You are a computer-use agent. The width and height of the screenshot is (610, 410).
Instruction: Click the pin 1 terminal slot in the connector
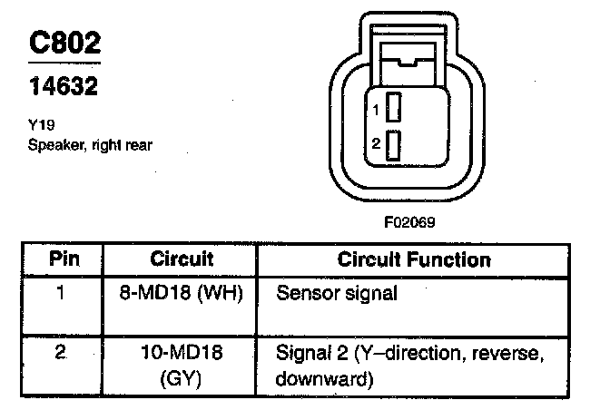point(394,109)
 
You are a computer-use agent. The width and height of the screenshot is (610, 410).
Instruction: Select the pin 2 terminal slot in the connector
point(394,145)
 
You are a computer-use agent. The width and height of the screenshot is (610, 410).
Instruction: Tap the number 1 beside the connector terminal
point(376,110)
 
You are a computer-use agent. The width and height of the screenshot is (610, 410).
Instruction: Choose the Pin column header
point(63,259)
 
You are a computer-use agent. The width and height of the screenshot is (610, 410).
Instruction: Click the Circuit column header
point(182,259)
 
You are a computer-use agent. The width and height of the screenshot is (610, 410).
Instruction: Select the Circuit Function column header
point(414,259)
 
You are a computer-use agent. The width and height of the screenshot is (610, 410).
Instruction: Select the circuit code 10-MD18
point(182,351)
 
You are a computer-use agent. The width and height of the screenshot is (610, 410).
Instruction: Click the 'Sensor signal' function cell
point(336,294)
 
